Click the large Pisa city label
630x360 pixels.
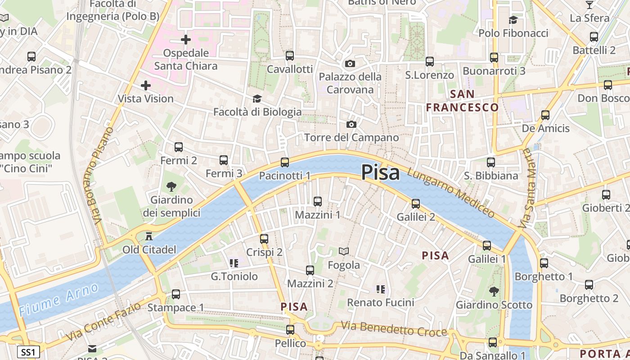click(x=380, y=172)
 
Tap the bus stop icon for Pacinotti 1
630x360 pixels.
click(x=284, y=162)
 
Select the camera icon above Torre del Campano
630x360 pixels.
click(x=351, y=124)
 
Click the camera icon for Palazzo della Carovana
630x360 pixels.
click(x=350, y=63)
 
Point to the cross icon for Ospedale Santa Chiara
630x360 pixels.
click(x=186, y=40)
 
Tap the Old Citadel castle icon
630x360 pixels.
click(x=149, y=236)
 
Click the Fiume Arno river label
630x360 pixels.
click(x=58, y=299)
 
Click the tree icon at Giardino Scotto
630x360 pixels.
click(x=494, y=291)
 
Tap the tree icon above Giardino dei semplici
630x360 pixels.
click(x=171, y=186)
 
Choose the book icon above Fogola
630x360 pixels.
click(x=344, y=251)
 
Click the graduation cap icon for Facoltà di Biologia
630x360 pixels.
click(x=257, y=99)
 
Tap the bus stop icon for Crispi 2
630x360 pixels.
click(x=264, y=239)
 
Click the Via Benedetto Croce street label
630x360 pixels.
click(x=394, y=329)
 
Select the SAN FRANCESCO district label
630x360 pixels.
click(x=463, y=100)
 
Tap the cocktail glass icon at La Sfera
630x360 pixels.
click(x=589, y=5)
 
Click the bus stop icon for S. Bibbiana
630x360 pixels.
click(x=491, y=162)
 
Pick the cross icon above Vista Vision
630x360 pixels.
click(x=146, y=85)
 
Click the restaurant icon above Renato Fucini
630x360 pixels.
click(x=381, y=289)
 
